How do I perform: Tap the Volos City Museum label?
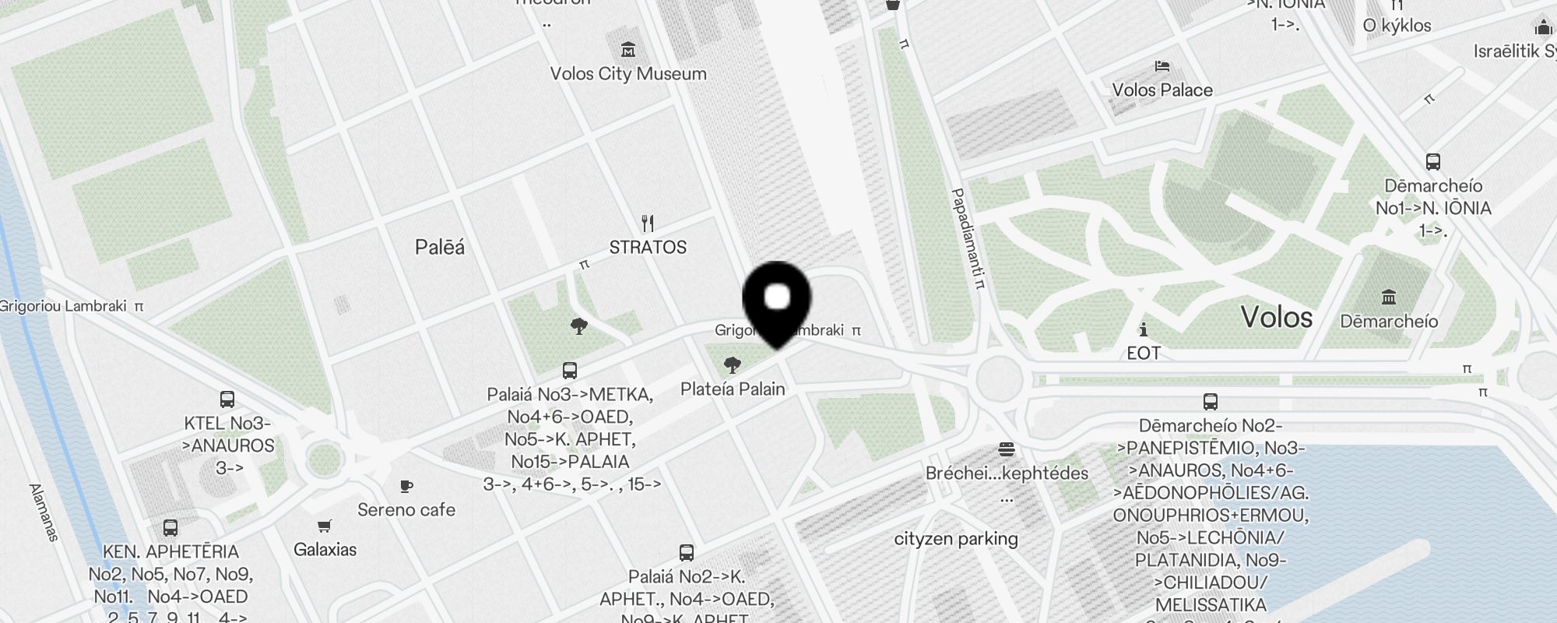pyautogui.click(x=628, y=74)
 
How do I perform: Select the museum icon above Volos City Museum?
pyautogui.click(x=628, y=51)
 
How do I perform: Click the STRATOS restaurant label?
pyautogui.click(x=648, y=248)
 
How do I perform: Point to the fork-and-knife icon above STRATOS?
pyautogui.click(x=648, y=224)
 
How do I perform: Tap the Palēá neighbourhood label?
pyautogui.click(x=440, y=248)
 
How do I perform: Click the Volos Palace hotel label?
pyautogui.click(x=1162, y=90)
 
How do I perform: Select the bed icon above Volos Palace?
pyautogui.click(x=1162, y=66)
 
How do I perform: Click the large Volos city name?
pyautogui.click(x=1277, y=317)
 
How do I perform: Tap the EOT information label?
pyautogui.click(x=1144, y=354)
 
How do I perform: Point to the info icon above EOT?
pyautogui.click(x=1144, y=329)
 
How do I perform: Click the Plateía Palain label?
pyautogui.click(x=733, y=389)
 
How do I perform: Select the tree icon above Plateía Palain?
pyautogui.click(x=732, y=364)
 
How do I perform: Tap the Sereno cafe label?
pyautogui.click(x=406, y=510)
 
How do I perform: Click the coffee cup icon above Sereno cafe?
pyautogui.click(x=406, y=487)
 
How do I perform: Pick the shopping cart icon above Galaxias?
pyautogui.click(x=325, y=526)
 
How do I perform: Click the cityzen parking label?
pyautogui.click(x=956, y=539)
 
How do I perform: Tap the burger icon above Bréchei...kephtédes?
pyautogui.click(x=1007, y=449)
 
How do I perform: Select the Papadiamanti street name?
pyautogui.click(x=968, y=238)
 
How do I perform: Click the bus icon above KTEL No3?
pyautogui.click(x=227, y=400)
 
